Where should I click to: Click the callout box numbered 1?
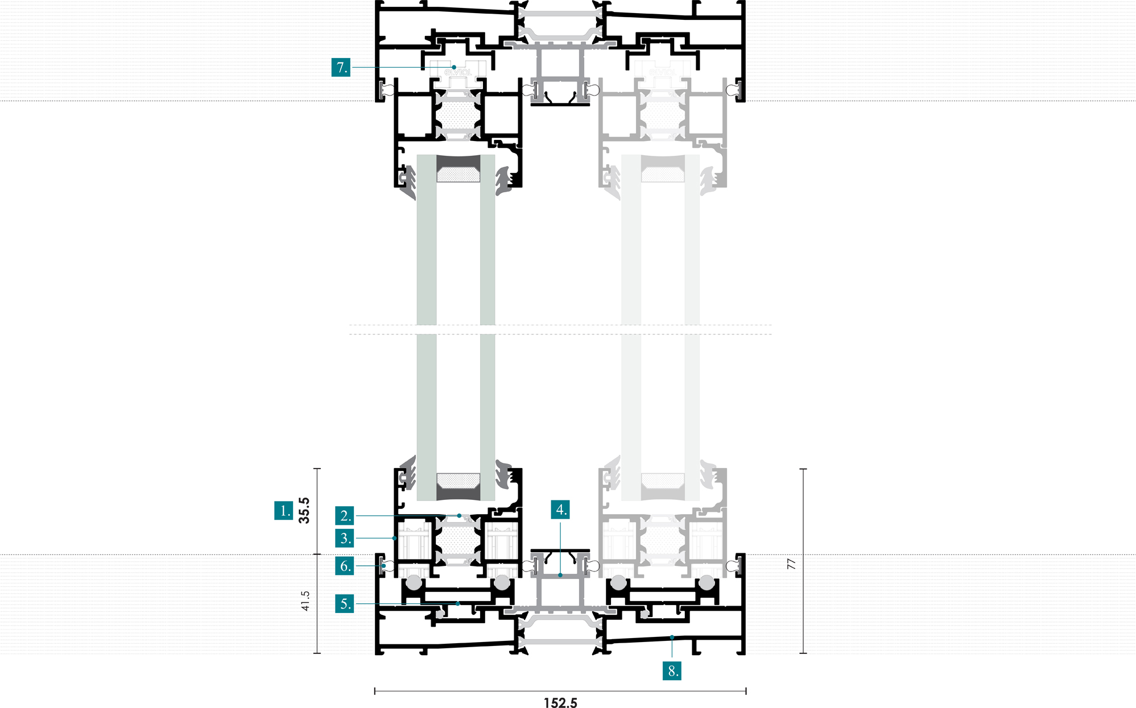click(x=283, y=510)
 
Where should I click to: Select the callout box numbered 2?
click(x=344, y=515)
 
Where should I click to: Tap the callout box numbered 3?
click(x=344, y=538)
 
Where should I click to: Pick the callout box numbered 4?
click(x=560, y=510)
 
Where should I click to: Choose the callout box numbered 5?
click(x=344, y=603)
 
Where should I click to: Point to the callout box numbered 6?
click(x=344, y=566)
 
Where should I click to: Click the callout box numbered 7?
click(x=341, y=67)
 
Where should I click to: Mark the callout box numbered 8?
click(x=672, y=670)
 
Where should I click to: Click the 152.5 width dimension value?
click(x=560, y=703)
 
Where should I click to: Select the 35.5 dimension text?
click(x=304, y=510)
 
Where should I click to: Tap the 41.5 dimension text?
click(x=305, y=601)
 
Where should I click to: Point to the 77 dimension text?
click(x=791, y=564)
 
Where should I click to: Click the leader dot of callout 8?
click(x=672, y=637)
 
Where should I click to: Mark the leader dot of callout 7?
click(x=454, y=67)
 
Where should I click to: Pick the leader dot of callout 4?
click(x=560, y=575)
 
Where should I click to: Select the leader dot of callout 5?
click(x=458, y=603)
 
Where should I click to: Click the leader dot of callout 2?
click(x=459, y=515)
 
